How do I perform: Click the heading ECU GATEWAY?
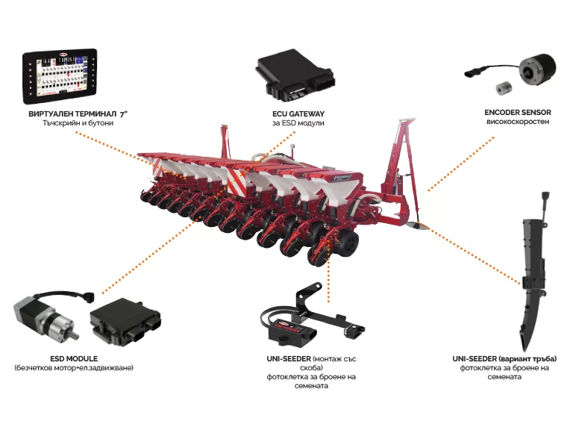coord(298,113)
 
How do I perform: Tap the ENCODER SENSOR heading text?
coord(518,112)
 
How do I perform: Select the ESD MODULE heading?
coord(74,358)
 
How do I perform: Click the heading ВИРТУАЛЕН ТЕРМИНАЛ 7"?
coord(78,113)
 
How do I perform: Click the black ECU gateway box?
coord(295,75)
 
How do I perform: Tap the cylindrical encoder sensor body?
coord(538,70)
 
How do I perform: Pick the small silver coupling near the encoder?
coord(504,89)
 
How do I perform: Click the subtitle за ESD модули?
coord(298,123)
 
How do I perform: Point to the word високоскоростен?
coord(518,122)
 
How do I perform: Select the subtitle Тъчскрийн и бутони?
coord(78,123)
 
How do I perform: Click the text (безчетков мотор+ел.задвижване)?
coord(74,367)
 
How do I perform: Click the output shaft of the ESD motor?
coord(74,336)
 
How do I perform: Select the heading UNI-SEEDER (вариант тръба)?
coord(504,358)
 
